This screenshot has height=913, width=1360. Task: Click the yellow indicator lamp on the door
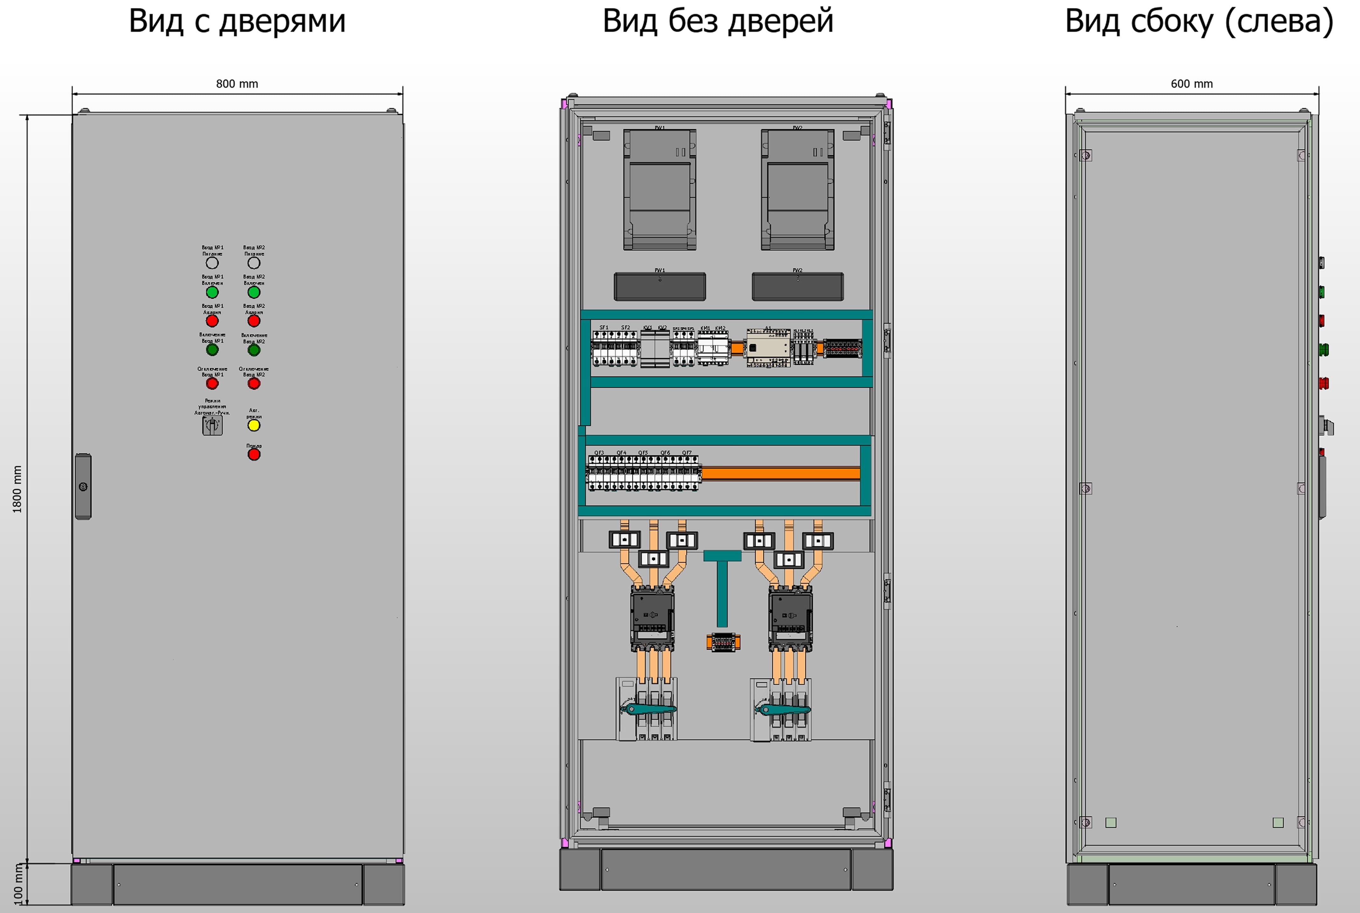253,425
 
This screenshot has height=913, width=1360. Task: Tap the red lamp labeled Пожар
253,454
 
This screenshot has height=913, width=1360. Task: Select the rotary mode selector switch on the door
212,425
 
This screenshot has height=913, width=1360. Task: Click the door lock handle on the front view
83,486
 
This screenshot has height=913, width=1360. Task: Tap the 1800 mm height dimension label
17,489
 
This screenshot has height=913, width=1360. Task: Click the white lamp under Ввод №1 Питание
212,263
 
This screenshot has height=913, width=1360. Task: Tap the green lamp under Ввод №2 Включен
253,292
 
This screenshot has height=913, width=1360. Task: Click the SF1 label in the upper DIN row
604,328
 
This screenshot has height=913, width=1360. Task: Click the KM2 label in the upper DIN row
720,328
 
